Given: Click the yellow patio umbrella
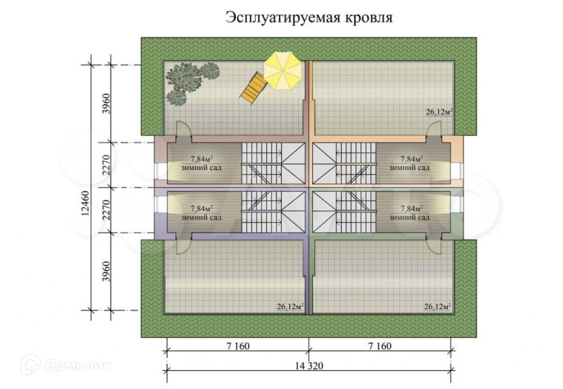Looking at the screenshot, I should (283, 71).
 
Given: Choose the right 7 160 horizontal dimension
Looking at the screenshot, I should (380, 347).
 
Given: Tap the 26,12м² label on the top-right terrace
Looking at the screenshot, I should (438, 112).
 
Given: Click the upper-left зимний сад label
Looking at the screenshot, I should (201, 167).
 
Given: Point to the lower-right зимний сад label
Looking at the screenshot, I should (409, 217).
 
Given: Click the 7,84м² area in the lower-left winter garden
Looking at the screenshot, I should (201, 209).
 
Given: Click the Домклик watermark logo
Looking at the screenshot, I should (67, 364).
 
